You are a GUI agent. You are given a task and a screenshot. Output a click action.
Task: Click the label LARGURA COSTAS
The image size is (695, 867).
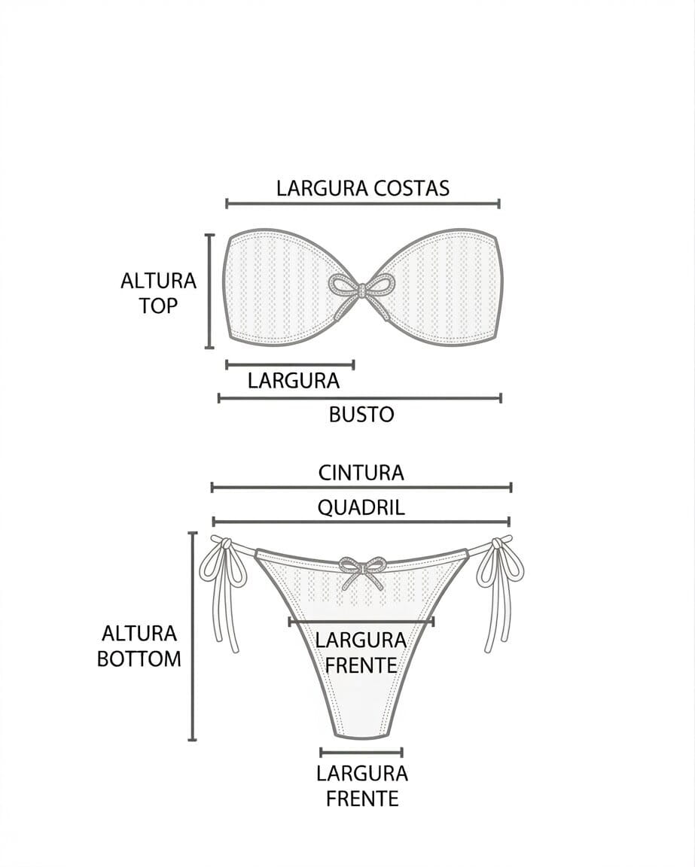coord(362,187)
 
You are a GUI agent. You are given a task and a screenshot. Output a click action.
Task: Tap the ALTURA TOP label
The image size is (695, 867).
coord(158,293)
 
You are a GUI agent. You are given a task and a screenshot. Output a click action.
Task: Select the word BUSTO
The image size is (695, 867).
coord(361,414)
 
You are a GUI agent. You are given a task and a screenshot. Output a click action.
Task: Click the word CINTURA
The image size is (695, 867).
coord(361,473)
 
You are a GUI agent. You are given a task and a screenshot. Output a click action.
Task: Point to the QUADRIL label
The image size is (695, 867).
coord(361,507)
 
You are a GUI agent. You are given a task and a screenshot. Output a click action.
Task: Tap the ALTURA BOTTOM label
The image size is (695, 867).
coord(139,646)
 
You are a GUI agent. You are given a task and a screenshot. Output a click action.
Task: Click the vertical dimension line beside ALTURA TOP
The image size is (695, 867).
coord(210,291)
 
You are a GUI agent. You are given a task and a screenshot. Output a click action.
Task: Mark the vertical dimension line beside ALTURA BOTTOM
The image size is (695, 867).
coord(193,636)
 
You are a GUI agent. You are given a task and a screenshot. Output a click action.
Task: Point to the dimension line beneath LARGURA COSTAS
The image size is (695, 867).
coord(362,203)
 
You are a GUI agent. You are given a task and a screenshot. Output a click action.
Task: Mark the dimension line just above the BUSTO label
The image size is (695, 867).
coord(360,397)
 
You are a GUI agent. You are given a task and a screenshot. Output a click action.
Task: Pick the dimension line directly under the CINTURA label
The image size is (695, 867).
coord(361,488)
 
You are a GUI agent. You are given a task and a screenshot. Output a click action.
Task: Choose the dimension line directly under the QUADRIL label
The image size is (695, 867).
coord(361,521)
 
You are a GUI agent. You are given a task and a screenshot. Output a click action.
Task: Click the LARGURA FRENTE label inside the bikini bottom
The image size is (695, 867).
coord(361,653)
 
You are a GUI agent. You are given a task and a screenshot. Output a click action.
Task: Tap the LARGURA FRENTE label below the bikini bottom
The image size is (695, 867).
coord(361,785)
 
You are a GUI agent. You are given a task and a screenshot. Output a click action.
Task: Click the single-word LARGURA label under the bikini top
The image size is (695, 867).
coord(294,381)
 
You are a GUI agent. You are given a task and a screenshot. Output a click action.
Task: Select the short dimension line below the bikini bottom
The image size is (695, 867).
coord(361,752)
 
